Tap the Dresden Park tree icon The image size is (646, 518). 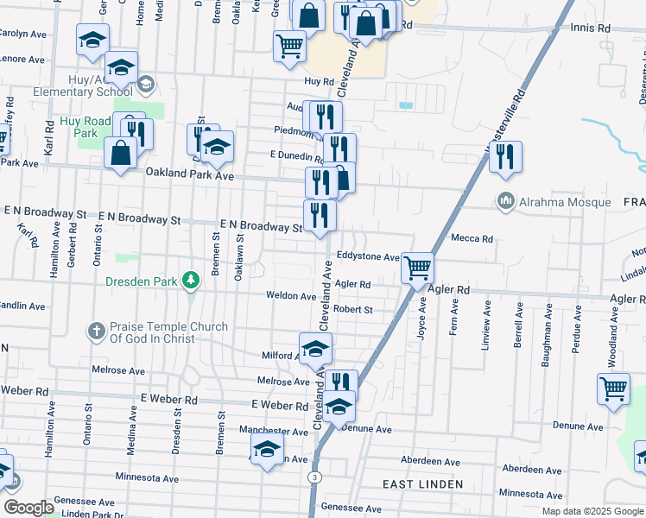pos(192,281)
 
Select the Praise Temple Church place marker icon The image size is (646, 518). pos(98,331)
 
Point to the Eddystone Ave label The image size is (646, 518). pos(369,257)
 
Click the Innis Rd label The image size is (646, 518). pos(591,28)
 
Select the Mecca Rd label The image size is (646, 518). pos(472,239)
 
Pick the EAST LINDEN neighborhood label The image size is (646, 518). pos(422,484)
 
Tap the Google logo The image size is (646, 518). pos(28,508)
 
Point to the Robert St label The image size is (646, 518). pos(353,309)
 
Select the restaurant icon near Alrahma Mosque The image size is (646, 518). pos(505,156)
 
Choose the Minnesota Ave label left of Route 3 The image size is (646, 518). pos(147,478)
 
